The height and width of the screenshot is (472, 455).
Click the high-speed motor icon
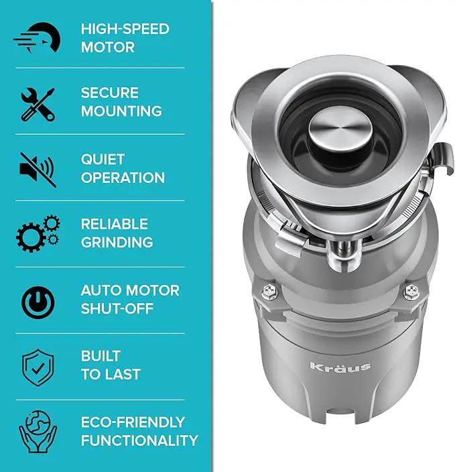37,38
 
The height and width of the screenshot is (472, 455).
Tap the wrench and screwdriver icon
38,105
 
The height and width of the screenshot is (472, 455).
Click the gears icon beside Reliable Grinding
38,233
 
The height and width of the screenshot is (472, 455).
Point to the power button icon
38,302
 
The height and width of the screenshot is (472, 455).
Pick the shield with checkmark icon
38,368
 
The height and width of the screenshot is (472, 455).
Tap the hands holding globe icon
38,432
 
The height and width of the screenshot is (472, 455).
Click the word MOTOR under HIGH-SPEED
108,48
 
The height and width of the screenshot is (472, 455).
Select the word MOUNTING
121,111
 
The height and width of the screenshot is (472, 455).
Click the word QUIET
103,160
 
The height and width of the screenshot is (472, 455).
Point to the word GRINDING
117,242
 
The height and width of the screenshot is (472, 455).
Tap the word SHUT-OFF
117,308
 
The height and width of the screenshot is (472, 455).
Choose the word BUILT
101,356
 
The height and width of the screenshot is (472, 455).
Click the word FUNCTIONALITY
139,440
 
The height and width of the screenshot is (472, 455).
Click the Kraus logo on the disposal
340,367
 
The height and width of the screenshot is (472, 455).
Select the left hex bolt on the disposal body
269,292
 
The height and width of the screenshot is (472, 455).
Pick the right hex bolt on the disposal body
411,292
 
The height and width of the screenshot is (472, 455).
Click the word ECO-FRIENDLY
133,422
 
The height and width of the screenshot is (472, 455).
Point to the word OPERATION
123,178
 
